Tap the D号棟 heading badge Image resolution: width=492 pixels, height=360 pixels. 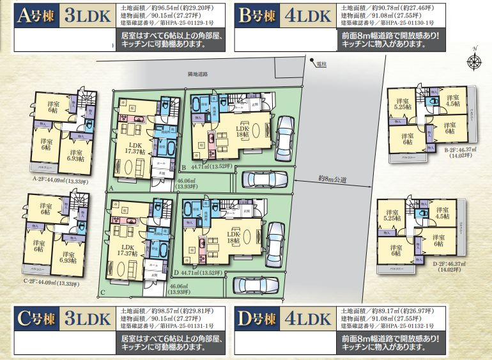pos(258,318)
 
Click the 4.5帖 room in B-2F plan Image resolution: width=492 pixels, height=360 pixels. pos(452,100)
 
